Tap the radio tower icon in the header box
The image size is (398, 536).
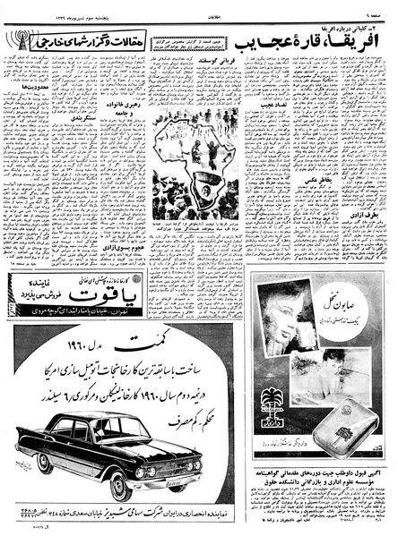19,40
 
